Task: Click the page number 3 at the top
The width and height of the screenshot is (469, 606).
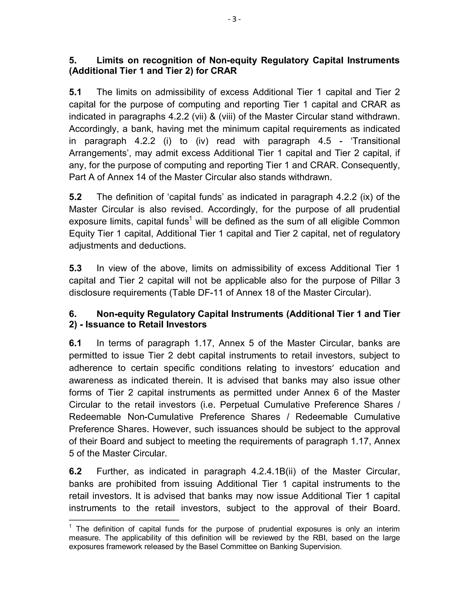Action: [x=234, y=19]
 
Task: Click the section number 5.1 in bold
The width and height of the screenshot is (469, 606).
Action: [x=75, y=92]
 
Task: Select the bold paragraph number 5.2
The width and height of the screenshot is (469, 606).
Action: [x=75, y=197]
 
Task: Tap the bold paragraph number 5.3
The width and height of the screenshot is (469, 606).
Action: [x=75, y=268]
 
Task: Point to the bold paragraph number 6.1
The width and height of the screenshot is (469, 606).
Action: [x=75, y=343]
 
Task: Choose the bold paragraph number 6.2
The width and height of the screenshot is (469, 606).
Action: [x=75, y=472]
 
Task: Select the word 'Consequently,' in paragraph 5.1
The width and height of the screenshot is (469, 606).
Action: [x=371, y=165]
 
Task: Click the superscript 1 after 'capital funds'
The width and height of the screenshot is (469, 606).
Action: [x=191, y=219]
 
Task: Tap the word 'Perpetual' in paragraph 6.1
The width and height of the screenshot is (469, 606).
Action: [x=240, y=405]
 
